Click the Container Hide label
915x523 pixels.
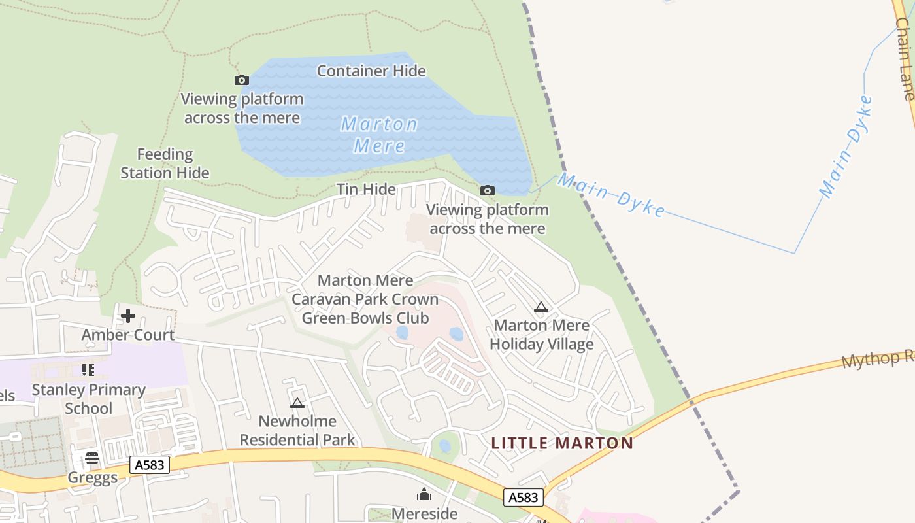click(371, 71)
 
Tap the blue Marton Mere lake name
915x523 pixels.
click(379, 135)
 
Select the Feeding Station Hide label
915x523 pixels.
click(165, 163)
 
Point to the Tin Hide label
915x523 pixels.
click(366, 189)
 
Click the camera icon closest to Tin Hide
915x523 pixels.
click(487, 190)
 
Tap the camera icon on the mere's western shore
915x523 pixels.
click(242, 80)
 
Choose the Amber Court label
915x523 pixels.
click(127, 335)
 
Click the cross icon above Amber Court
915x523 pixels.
click(127, 316)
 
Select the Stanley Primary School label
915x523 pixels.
click(89, 399)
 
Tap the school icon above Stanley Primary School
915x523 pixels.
click(88, 370)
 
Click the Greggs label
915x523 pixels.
click(93, 477)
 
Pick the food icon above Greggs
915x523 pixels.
click(91, 458)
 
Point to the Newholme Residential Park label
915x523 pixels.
click(297, 430)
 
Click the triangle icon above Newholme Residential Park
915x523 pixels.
click(297, 403)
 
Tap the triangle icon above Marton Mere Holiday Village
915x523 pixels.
click(541, 306)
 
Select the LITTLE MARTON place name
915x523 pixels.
click(562, 443)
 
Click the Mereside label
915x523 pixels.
click(424, 513)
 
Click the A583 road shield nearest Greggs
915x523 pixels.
click(150, 465)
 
